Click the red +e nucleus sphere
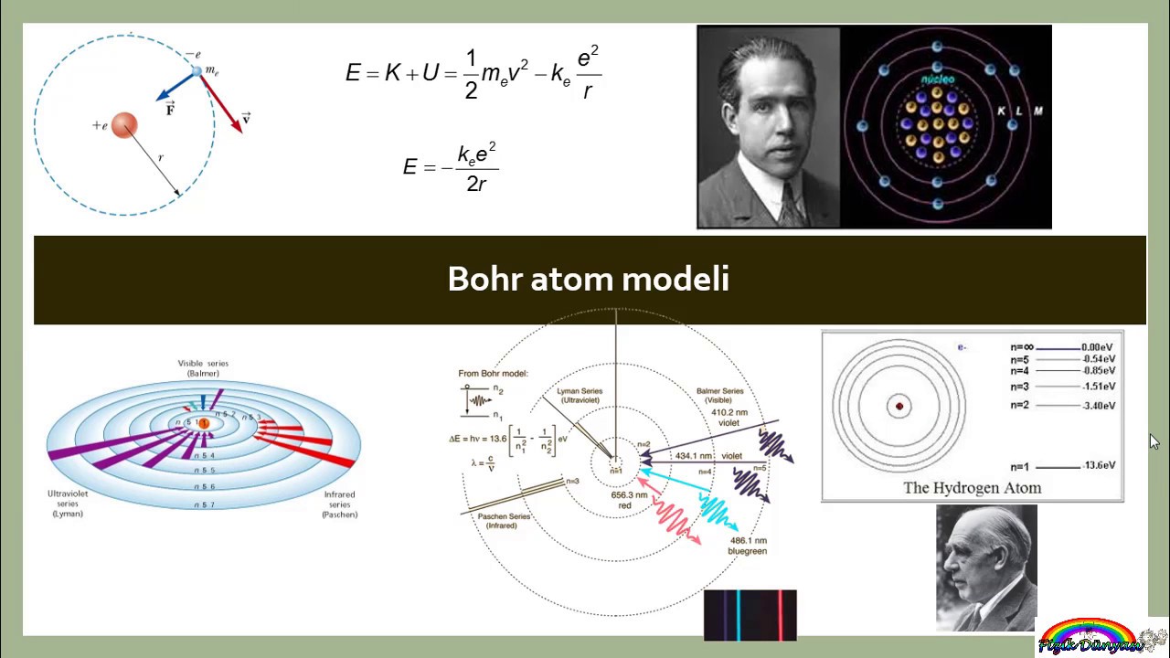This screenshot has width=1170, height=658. [124, 125]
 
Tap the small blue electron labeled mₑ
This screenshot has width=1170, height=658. [197, 71]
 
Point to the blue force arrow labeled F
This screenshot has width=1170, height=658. [176, 88]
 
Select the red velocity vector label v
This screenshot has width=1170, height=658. [246, 119]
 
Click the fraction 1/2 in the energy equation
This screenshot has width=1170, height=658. [471, 74]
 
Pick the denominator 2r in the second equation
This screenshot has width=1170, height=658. [476, 185]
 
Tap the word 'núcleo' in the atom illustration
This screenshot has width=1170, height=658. [937, 80]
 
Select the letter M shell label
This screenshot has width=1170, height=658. [1037, 111]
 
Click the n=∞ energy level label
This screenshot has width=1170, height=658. [1022, 347]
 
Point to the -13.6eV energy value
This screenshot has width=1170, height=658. [1099, 466]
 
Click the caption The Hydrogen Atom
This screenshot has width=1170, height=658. [972, 488]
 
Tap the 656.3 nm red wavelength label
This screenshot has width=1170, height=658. [629, 500]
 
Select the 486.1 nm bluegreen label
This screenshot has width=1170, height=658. [747, 546]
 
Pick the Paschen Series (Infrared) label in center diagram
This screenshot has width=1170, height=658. [504, 521]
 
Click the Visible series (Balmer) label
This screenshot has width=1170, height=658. [203, 368]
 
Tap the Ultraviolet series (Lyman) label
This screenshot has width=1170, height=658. [66, 504]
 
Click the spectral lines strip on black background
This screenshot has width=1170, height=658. [750, 614]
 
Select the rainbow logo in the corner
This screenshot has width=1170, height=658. [1088, 636]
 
